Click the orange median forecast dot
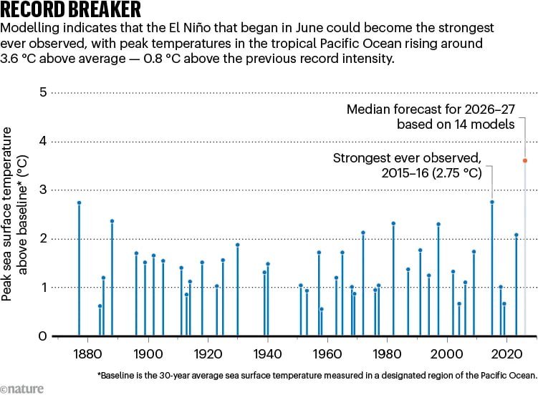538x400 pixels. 525,160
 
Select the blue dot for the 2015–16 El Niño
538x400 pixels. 492,203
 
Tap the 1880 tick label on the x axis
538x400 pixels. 87,353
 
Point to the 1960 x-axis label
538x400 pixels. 327,353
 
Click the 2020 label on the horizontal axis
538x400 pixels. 506,353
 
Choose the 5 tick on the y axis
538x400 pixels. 43,92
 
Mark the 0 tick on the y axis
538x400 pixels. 42,336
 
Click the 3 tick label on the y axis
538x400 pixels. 43,190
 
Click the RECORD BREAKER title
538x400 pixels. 70,9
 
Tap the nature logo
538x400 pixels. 22,389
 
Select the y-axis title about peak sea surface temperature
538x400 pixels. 14,214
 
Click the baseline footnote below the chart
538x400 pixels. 317,376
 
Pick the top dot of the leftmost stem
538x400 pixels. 79,203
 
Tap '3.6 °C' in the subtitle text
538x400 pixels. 18,59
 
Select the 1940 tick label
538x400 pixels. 267,353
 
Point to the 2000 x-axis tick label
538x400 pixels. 447,353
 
